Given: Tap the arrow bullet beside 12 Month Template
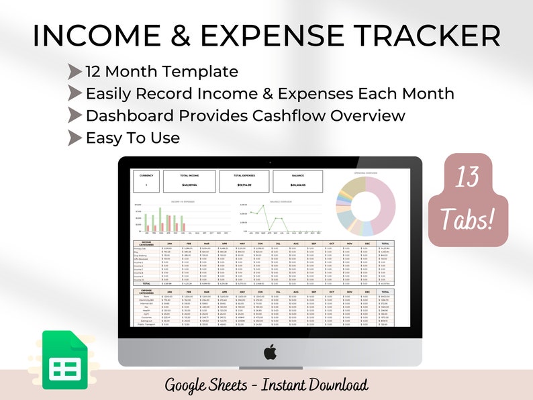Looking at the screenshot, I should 75,72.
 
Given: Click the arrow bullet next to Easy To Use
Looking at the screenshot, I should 75,138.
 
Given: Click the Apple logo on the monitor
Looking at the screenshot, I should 270,351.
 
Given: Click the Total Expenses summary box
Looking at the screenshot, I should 244,180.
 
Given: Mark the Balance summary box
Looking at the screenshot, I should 297,180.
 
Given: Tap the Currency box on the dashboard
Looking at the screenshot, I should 147,180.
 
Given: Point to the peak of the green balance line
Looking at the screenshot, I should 266,207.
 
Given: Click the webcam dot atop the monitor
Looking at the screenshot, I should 270,162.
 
